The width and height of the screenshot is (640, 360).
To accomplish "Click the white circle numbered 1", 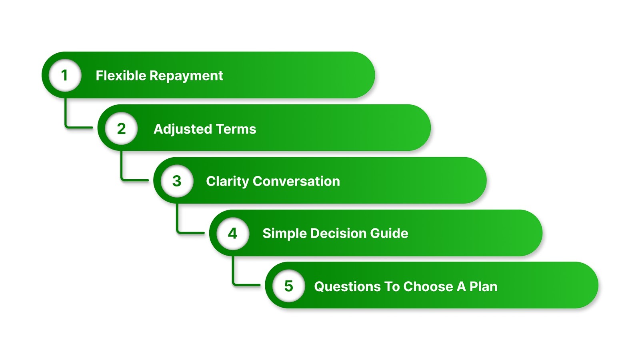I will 65,75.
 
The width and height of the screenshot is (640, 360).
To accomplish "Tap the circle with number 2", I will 121,128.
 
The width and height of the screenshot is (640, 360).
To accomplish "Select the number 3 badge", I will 177,181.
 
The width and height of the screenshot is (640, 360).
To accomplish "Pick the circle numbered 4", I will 233,233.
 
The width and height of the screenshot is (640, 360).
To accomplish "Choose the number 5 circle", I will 288,286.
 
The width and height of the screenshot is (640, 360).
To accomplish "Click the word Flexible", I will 121,76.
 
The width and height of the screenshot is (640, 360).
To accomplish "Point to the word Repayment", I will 186,76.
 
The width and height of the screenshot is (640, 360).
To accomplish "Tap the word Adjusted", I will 183,129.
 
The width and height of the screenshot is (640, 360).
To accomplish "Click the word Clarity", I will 228,182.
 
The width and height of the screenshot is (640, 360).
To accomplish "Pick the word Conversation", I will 296,181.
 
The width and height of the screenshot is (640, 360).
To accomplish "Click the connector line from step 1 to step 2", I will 66,120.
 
